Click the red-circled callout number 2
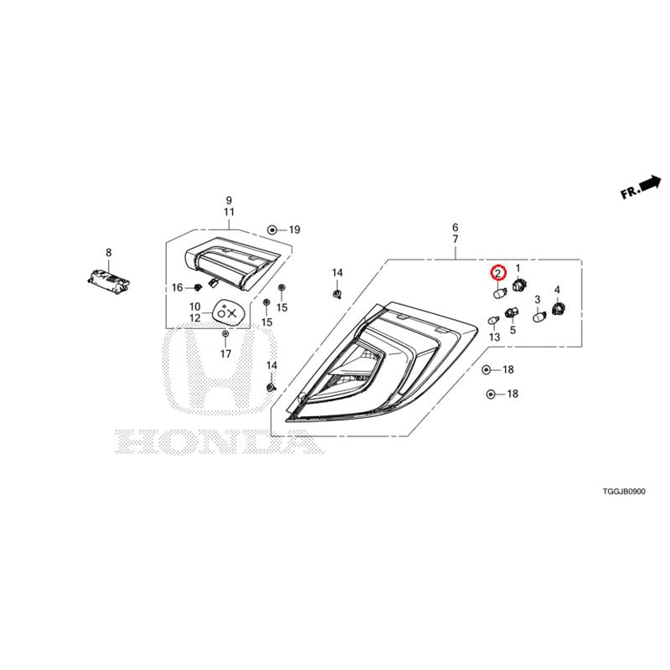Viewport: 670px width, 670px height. (498, 273)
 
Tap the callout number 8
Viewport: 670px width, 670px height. (109, 253)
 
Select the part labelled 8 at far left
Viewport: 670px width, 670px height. (108, 281)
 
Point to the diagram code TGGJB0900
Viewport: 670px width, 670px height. (624, 492)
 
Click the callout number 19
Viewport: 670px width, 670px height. (295, 229)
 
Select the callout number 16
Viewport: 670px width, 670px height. (178, 287)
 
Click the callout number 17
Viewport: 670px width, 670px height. (225, 353)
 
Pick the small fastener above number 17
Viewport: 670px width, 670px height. (225, 333)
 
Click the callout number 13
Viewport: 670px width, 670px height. (494, 338)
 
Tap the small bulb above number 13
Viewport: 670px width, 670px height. (494, 320)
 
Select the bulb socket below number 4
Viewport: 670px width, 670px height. (559, 307)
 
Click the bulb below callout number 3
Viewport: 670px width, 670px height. (540, 317)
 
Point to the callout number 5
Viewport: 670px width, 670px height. (513, 330)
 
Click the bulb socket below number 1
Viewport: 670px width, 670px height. (518, 283)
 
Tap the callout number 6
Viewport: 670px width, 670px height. (455, 227)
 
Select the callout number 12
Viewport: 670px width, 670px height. (195, 318)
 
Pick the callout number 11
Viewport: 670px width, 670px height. (229, 212)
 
